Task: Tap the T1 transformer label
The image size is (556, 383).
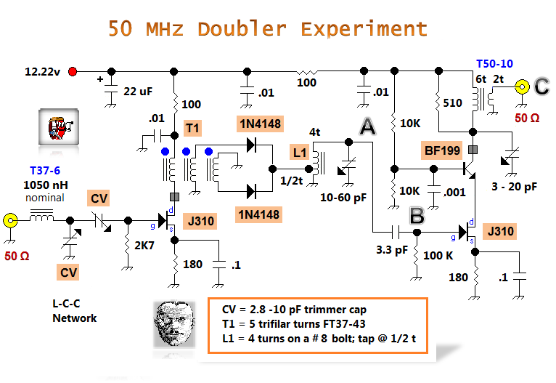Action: (192, 129)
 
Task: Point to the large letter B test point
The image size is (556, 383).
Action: (417, 215)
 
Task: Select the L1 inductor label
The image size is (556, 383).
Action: (300, 153)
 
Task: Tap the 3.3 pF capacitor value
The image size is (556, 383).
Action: (391, 250)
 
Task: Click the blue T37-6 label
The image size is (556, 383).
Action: (46, 172)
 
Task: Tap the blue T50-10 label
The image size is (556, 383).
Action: (494, 64)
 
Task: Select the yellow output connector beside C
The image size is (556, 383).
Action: (521, 87)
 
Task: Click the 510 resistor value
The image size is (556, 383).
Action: (452, 104)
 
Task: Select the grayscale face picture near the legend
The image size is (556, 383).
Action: (174, 323)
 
